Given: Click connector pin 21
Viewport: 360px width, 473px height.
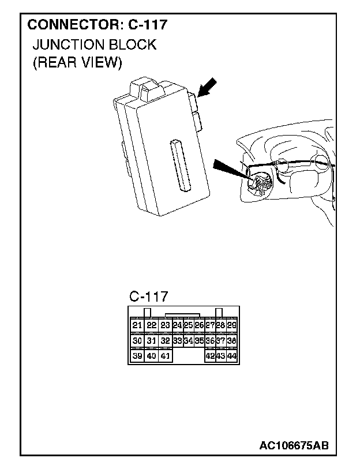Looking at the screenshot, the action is (x=137, y=325).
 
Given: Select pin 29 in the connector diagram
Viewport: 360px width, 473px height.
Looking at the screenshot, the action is (x=231, y=325).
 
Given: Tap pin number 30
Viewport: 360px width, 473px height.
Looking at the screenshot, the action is (x=137, y=341).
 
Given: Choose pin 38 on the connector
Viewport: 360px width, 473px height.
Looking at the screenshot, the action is (x=231, y=341).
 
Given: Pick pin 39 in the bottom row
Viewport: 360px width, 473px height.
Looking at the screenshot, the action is (x=137, y=356).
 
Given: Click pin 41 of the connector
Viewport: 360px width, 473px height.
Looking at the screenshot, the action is (x=165, y=356).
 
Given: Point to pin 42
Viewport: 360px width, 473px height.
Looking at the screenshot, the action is (x=210, y=356).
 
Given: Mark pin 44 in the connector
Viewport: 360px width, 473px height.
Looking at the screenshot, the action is (x=231, y=356).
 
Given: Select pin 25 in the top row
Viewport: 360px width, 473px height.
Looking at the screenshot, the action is (x=188, y=325).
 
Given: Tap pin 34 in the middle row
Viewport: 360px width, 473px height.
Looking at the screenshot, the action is (x=188, y=341).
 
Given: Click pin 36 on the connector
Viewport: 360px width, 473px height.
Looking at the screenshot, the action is (x=210, y=341).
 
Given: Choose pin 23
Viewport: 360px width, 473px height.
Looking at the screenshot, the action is (x=165, y=325).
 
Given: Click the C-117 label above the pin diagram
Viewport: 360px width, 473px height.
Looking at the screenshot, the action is (x=148, y=296).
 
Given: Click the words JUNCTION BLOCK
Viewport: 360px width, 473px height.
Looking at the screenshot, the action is (x=94, y=45).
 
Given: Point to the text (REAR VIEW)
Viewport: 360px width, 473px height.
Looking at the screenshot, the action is (x=77, y=62).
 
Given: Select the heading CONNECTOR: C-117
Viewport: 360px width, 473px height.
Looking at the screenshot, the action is (x=97, y=25).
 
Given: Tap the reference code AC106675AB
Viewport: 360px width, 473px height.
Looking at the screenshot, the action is (x=294, y=446).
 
